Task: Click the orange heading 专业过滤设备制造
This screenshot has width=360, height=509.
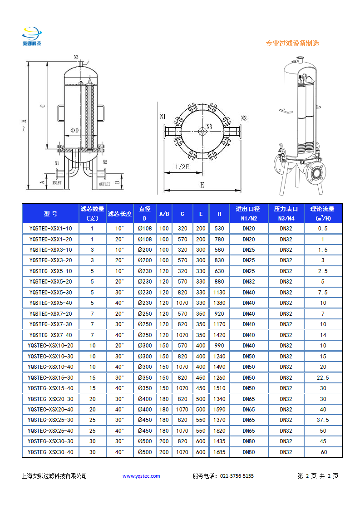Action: coord(292,44)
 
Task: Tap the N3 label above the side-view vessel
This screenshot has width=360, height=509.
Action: coord(76,57)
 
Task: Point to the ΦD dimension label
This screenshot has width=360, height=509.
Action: coord(74,131)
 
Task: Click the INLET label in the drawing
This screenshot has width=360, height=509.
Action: coord(57,184)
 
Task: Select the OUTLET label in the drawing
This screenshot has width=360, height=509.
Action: coord(105,185)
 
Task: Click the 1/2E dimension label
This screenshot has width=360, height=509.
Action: coord(182,166)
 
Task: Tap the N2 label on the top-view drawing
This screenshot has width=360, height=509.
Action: coord(243,118)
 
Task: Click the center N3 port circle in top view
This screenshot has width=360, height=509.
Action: coord(202,132)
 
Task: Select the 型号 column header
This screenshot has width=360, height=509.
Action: coord(50,214)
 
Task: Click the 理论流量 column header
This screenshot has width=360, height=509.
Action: coord(322,213)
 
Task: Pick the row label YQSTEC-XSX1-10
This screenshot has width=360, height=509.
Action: coord(50,229)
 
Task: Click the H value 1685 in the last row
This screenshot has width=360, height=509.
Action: coord(219,452)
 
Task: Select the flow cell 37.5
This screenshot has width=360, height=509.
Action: coord(322,420)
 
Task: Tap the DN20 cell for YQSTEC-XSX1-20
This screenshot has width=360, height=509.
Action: coord(249,239)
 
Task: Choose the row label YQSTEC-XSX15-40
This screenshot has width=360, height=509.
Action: coord(50,388)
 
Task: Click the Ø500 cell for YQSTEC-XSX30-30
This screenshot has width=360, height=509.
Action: coord(145,441)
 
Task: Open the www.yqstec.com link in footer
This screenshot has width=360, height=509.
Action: coord(141,476)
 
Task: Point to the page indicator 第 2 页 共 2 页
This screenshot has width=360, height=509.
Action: coord(318,476)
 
